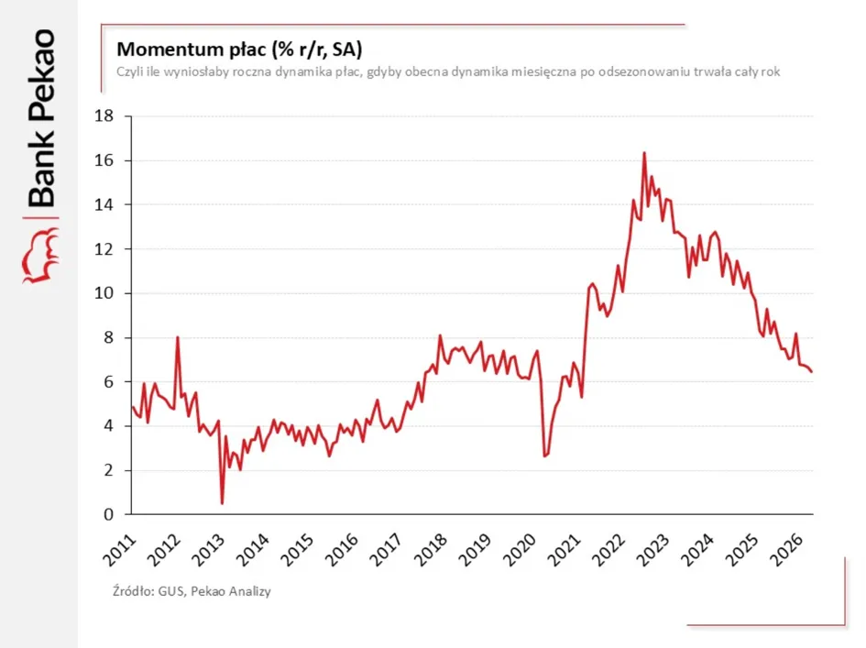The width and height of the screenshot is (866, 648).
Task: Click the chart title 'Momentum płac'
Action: [192, 49]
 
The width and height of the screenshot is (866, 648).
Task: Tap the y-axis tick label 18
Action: [104, 116]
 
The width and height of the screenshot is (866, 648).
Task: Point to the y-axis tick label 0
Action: [108, 514]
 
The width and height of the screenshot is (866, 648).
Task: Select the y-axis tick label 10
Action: [104, 292]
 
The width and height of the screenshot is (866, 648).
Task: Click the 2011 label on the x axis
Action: [119, 550]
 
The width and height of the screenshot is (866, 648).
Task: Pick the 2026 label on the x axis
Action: [786, 550]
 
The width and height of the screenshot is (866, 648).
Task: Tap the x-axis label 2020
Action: [520, 550]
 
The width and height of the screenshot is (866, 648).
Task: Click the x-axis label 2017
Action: [386, 550]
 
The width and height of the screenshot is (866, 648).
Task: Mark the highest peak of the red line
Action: [644, 153]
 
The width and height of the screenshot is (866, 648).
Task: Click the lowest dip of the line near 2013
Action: [222, 502]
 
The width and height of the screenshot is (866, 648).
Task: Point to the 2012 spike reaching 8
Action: [177, 337]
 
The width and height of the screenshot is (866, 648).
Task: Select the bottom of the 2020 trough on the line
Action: [544, 456]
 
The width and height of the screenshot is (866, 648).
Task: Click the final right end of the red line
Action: [811, 372]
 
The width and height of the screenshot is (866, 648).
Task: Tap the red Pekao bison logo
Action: [40, 257]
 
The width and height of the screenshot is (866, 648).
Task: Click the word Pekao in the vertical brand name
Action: [42, 74]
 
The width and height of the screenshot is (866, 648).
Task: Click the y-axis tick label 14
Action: [104, 204]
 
